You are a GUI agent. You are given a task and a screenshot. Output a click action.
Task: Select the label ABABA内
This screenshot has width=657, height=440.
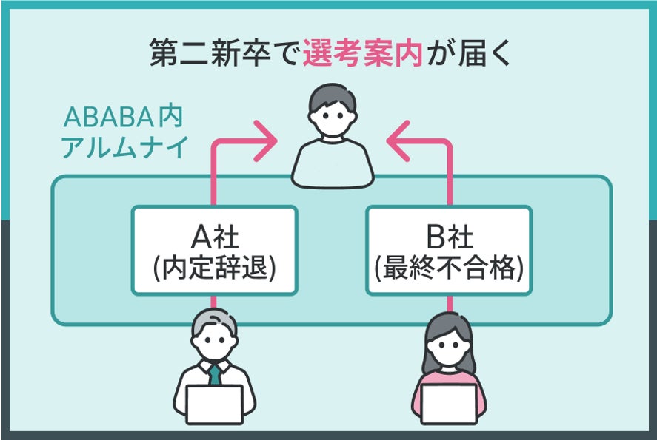coord(123,118)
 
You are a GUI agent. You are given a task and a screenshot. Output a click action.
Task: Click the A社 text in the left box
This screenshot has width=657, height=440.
coord(214,237)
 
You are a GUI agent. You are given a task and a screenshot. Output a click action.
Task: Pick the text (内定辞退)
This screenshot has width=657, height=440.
coord(214,268)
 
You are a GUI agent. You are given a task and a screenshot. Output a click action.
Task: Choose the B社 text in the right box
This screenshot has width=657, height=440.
coord(450,237)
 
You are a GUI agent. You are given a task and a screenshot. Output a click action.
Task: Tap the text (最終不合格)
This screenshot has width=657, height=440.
coord(450,268)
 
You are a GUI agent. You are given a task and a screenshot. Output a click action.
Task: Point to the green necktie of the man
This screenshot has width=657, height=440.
coord(214,373)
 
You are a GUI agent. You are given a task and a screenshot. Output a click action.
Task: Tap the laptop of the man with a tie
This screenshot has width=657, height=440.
coord(214,404)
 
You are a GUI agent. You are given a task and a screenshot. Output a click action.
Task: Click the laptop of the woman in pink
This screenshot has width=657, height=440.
coord(449,404)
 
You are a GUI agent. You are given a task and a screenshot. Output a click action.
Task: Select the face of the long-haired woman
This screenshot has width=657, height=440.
coord(449,344)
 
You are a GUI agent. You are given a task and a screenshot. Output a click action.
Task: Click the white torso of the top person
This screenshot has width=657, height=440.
coord(331,164)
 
